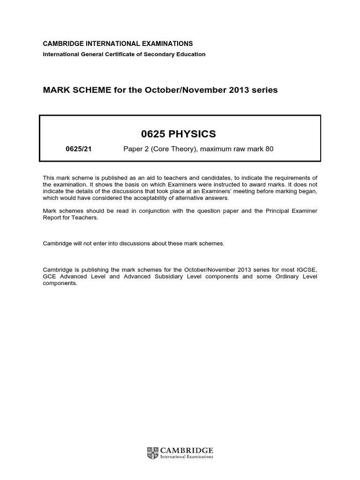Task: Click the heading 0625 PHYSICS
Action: pyautogui.click(x=179, y=134)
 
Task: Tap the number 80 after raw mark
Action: pyautogui.click(x=268, y=149)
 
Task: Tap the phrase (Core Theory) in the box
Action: pyautogui.click(x=172, y=149)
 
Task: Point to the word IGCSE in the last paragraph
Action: pyautogui.click(x=307, y=270)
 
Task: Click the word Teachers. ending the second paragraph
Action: pyautogui.click(x=86, y=217)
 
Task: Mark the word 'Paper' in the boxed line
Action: pyautogui.click(x=132, y=149)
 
